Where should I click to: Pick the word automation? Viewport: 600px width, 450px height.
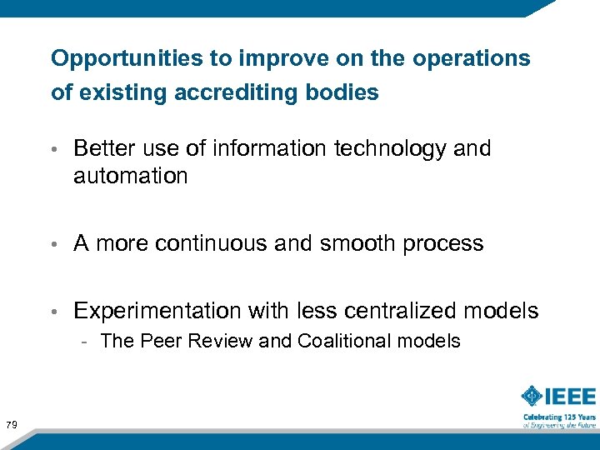point(131,177)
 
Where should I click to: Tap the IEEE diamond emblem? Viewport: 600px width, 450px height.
point(533,396)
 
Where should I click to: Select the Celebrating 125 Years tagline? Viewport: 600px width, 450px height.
point(559,417)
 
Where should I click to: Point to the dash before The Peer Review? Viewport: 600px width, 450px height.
point(85,342)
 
